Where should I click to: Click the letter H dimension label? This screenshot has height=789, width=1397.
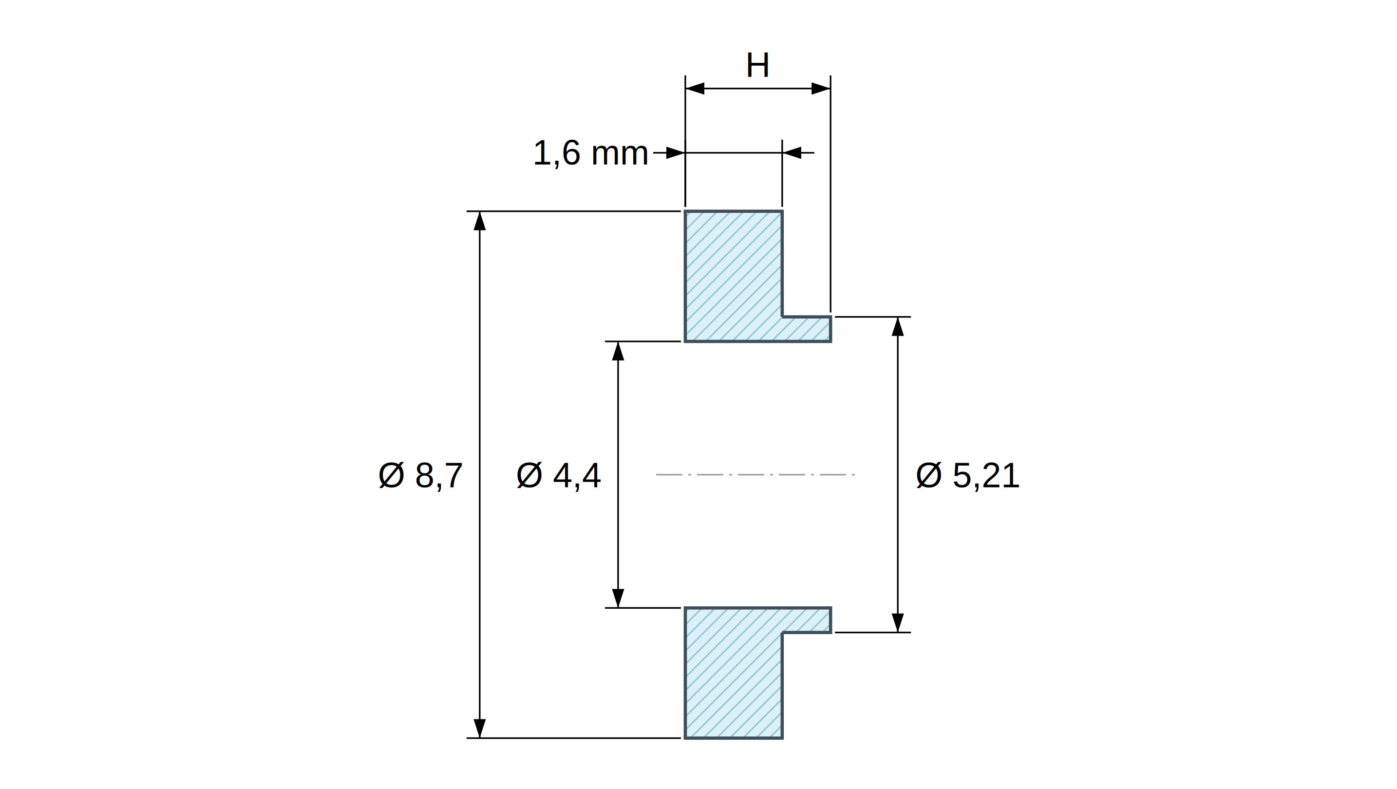click(x=757, y=66)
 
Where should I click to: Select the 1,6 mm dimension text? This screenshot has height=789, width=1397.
click(x=590, y=153)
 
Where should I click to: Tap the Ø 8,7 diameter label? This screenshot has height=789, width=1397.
click(x=420, y=475)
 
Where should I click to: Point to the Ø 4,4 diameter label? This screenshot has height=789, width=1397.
click(x=559, y=475)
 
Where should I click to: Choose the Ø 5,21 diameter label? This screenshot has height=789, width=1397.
click(x=967, y=475)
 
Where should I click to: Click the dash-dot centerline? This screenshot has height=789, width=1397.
click(x=755, y=474)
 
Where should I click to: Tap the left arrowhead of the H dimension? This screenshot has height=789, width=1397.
click(x=695, y=88)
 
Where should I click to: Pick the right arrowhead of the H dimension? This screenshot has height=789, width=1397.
click(x=821, y=88)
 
